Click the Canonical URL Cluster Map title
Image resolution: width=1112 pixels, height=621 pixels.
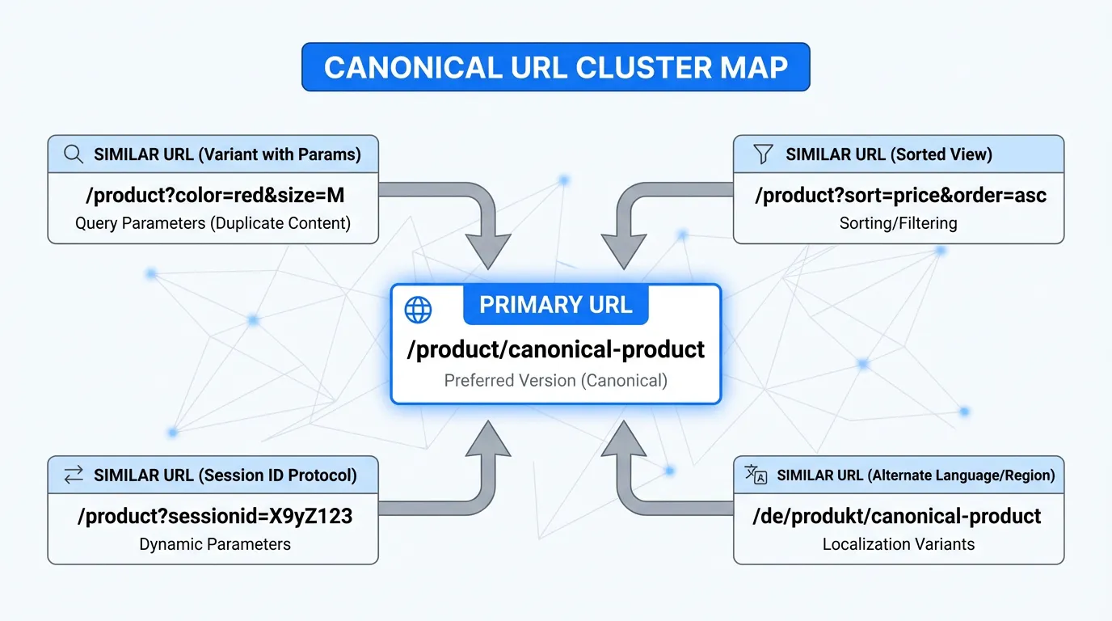pos(555,67)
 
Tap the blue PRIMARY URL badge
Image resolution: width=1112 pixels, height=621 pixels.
pos(555,305)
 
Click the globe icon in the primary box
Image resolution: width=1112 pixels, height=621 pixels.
pos(418,309)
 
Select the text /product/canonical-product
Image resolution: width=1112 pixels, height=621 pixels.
pos(555,349)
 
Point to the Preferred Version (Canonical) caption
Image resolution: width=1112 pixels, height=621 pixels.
pos(555,380)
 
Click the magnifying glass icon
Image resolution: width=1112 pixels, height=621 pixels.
pos(74,154)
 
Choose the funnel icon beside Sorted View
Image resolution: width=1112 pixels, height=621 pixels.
pos(762,154)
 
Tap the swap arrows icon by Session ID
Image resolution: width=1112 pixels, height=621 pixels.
pos(74,475)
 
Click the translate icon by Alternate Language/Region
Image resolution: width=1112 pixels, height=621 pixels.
pos(756,475)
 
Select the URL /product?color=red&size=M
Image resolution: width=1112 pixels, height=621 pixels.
pos(213,196)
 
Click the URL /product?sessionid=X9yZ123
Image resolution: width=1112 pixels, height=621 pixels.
pos(214,516)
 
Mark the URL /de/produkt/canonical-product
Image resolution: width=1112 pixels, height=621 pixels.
pos(896,516)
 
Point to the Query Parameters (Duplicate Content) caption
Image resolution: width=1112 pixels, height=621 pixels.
pos(213,223)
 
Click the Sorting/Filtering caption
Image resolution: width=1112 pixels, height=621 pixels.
pos(898,223)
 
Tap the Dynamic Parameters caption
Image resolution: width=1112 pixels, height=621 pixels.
pos(214,544)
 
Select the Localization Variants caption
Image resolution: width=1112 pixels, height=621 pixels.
pos(898,544)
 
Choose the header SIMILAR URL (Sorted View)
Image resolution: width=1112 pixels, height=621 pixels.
pos(888,154)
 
